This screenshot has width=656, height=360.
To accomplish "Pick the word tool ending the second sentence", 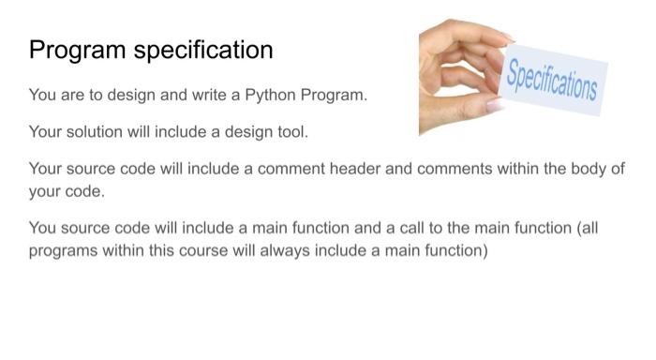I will pyautogui.click(x=291, y=132).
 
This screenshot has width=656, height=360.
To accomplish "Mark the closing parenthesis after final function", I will pyautogui.click(x=485, y=250).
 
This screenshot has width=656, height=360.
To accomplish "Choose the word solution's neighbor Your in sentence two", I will pyautogui.click(x=44, y=132).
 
